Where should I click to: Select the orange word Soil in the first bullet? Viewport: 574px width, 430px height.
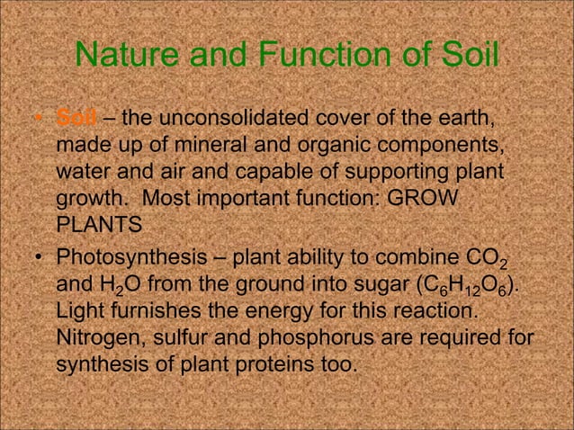pos(72,118)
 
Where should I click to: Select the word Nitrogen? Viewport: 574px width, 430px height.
pos(97,342)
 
